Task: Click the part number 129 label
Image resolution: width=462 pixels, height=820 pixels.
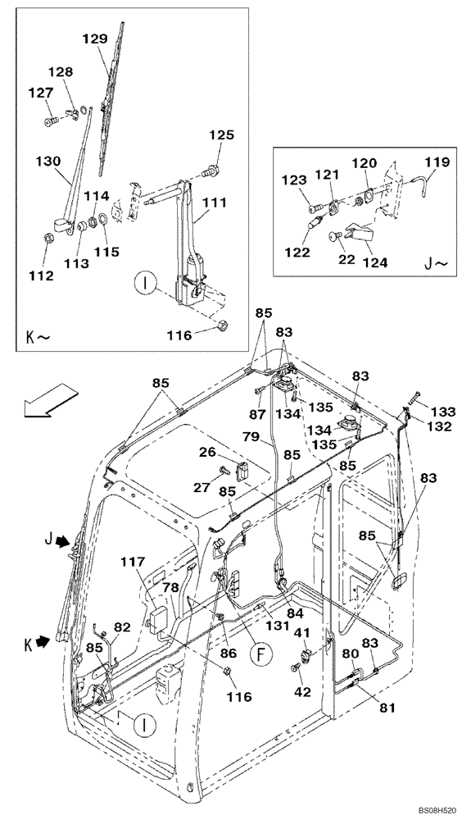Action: [94, 39]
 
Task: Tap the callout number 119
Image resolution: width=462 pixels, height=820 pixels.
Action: [436, 162]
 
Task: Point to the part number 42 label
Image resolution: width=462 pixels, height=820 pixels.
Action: [302, 693]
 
